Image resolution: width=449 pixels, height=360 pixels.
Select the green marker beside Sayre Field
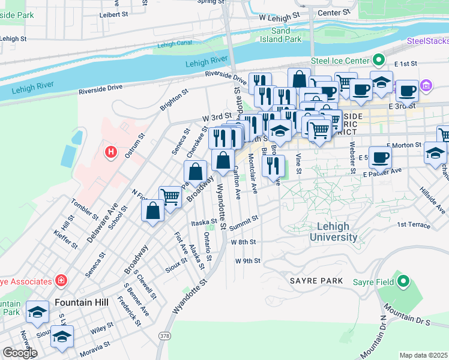(x=404, y=281)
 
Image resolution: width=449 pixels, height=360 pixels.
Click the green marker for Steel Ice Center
(x=378, y=60)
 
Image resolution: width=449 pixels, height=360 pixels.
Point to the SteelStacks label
(x=427, y=41)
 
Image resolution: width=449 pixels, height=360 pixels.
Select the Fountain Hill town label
(x=81, y=302)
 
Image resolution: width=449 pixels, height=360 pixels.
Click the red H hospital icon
(x=110, y=152)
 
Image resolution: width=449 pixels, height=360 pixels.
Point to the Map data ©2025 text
(x=423, y=355)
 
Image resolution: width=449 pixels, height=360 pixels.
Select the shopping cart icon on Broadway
(x=170, y=196)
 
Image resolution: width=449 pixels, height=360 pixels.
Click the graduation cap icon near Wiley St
(x=62, y=337)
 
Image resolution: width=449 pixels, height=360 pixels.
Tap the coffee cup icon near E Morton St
(x=380, y=157)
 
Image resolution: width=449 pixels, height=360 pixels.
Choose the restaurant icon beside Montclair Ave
(x=273, y=166)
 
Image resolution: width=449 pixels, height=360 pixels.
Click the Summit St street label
(x=243, y=222)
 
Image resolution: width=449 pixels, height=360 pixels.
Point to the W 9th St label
(x=247, y=261)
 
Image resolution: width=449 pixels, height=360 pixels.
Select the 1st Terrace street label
(x=414, y=225)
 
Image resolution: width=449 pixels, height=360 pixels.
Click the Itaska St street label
(x=203, y=222)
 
